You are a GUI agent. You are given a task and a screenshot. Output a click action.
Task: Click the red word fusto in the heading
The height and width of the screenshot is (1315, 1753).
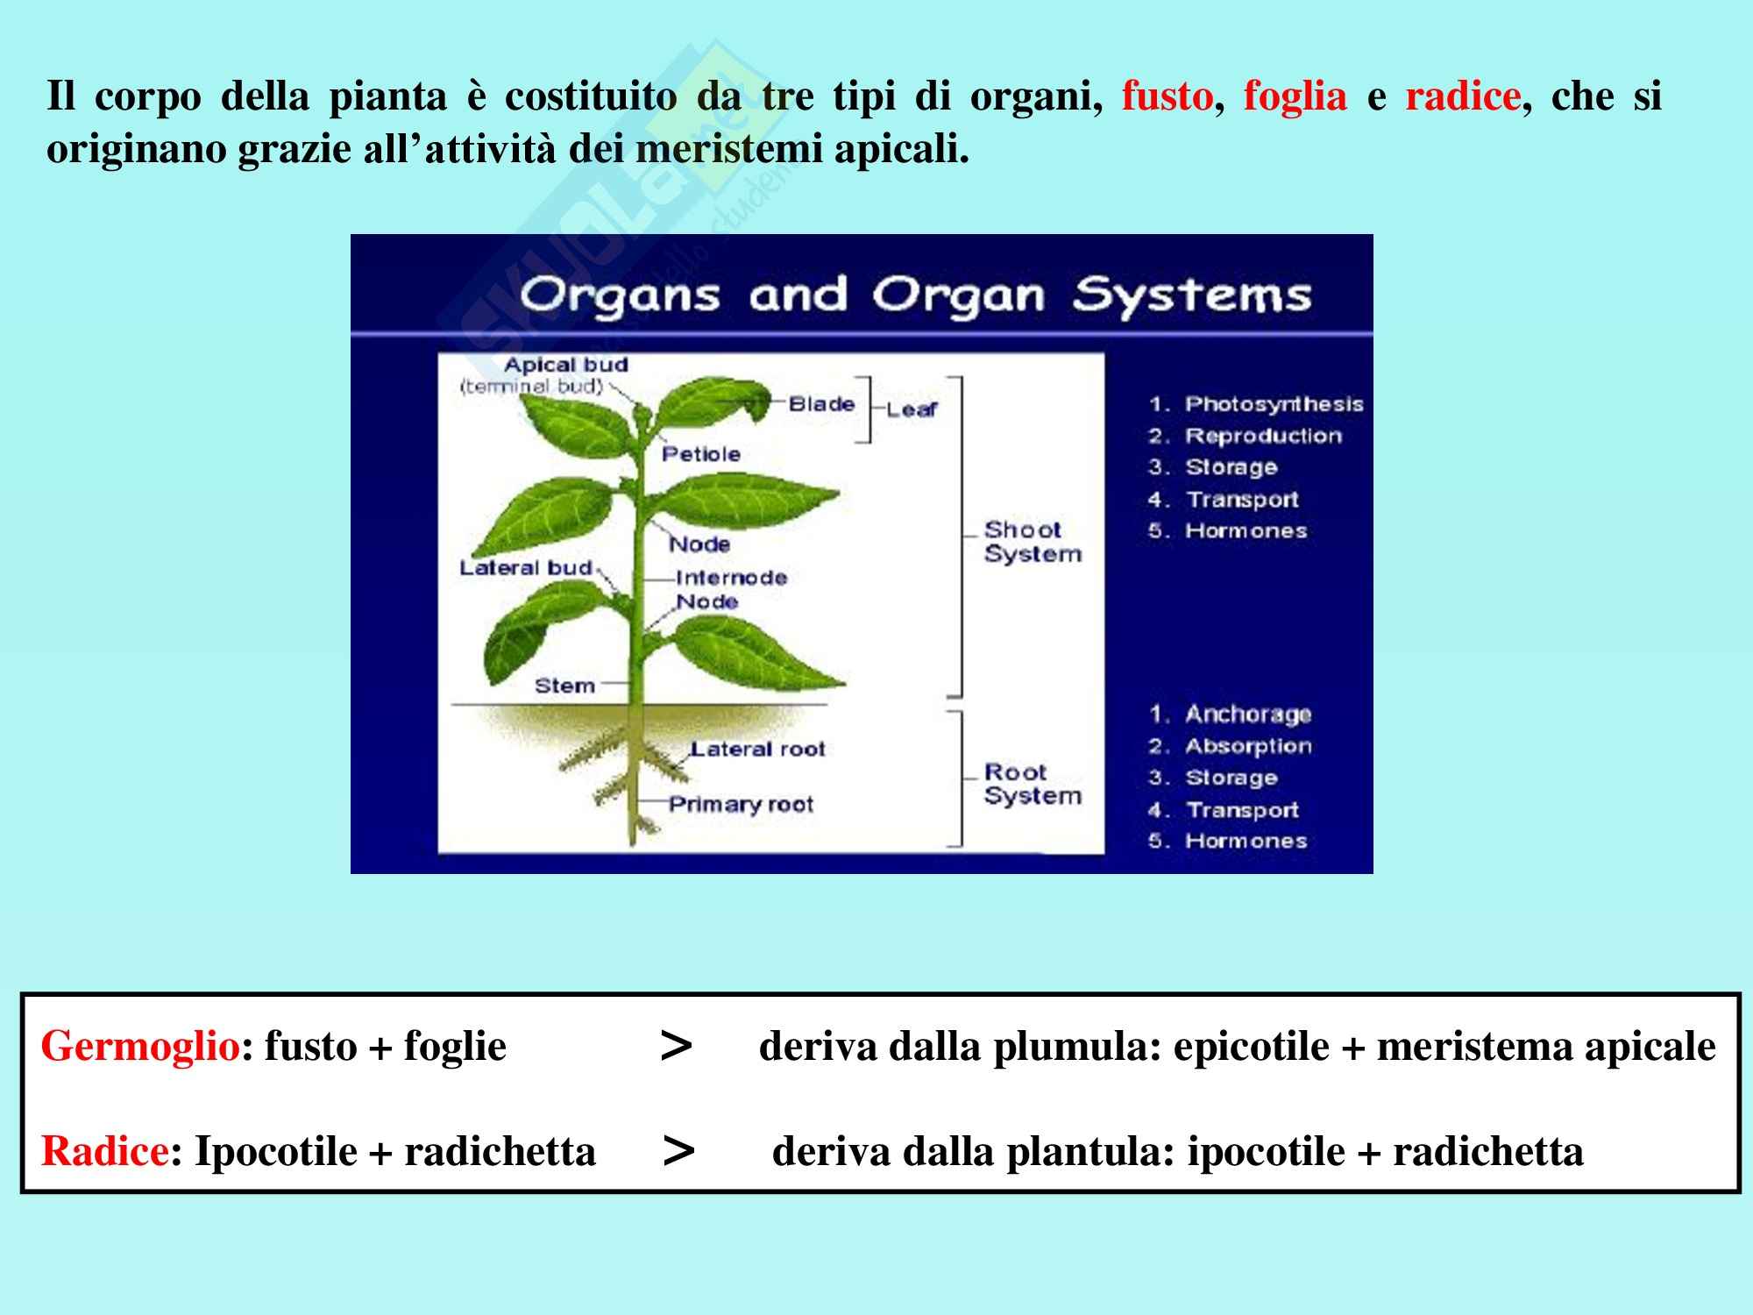point(1167,96)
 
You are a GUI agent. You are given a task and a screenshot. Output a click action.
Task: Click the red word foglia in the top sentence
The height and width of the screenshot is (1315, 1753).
point(1295,96)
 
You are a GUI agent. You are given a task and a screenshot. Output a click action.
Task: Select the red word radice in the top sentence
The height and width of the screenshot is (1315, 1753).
point(1462,96)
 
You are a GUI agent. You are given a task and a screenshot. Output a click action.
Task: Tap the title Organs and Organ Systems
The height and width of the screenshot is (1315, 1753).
point(915,295)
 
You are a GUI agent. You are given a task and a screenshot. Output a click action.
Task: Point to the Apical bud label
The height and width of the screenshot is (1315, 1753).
point(566,365)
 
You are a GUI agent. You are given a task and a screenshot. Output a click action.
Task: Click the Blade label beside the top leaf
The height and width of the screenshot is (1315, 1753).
point(821,404)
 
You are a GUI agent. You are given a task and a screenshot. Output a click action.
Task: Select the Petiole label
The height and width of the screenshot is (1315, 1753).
point(700,454)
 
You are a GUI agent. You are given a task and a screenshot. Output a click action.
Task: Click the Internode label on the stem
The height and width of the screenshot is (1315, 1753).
point(732,578)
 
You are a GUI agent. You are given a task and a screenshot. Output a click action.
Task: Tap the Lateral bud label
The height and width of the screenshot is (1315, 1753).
point(526,568)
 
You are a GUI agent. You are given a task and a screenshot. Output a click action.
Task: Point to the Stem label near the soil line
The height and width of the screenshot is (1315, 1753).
point(564,686)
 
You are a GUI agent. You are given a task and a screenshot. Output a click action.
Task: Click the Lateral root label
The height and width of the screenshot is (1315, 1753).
point(757,750)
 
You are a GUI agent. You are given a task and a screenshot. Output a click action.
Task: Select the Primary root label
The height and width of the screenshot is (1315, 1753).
point(742,805)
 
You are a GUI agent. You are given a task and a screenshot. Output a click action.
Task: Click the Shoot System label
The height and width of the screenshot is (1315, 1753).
point(1032,542)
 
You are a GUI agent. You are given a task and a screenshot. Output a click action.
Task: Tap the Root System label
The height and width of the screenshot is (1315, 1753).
point(1032,785)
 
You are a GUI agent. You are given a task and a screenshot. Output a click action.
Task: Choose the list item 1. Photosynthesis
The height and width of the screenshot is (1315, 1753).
point(1256,404)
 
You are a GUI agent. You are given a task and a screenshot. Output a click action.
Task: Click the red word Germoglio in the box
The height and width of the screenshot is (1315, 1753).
point(140,1047)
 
